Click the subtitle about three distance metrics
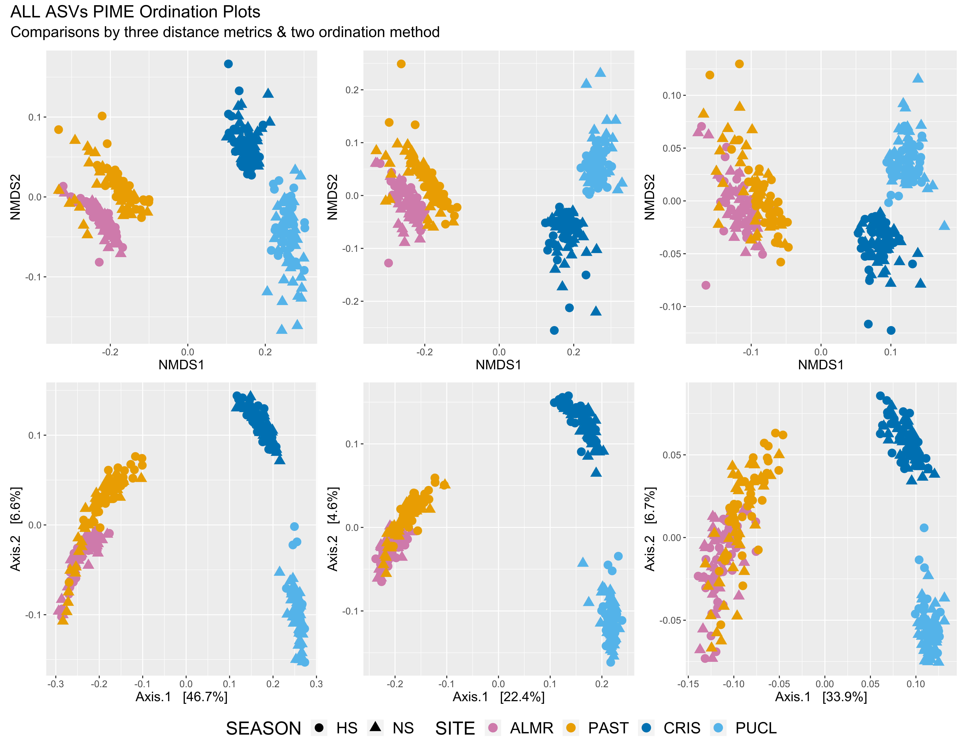pos(225,32)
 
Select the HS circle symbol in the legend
pos(319,728)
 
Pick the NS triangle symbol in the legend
pos(376,727)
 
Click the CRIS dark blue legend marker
pos(646,728)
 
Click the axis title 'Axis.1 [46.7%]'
pos(182,697)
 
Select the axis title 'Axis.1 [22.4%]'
pos(499,697)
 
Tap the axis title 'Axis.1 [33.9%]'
pos(821,697)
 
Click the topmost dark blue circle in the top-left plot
pos(228,64)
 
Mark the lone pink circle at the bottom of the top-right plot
pos(706,285)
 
